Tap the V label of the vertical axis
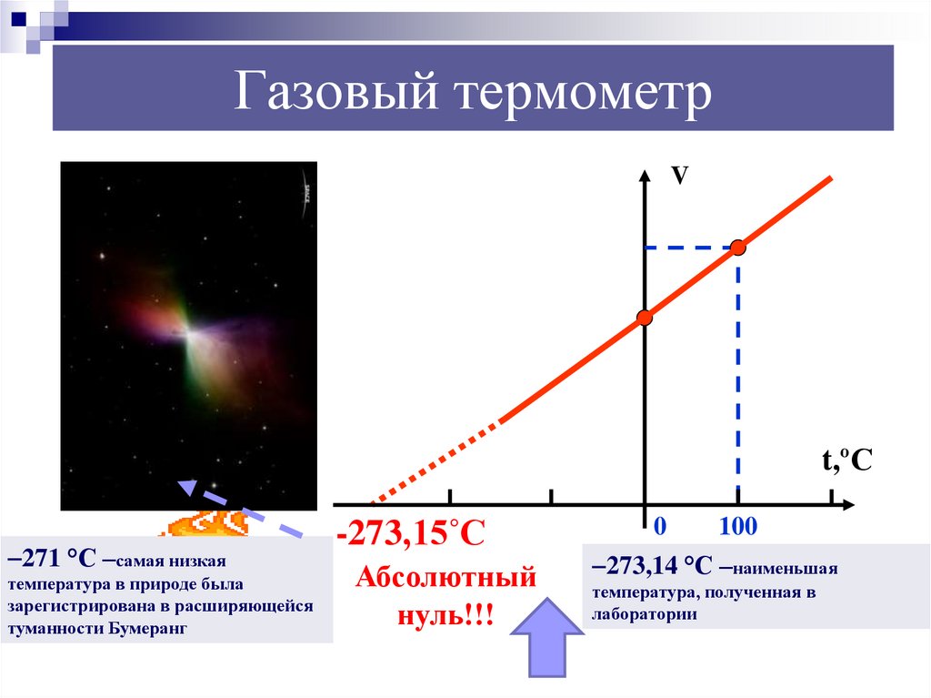coord(678,176)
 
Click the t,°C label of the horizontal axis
coord(847,462)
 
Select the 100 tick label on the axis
coord(738,527)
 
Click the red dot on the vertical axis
coord(644,318)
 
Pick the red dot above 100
coord(738,247)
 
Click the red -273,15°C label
coord(411,531)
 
